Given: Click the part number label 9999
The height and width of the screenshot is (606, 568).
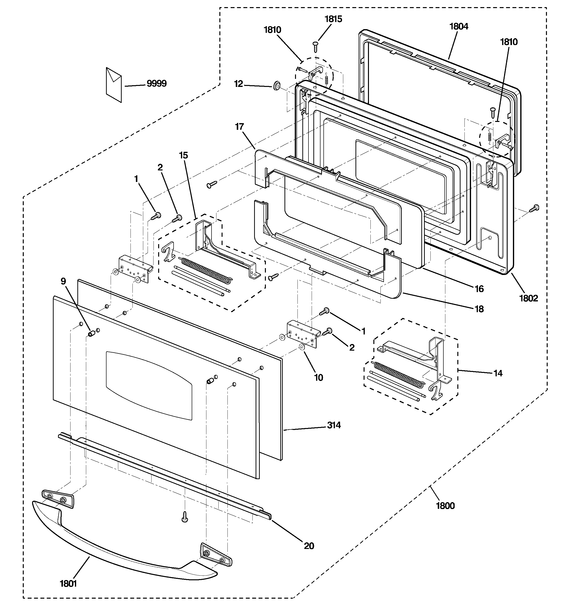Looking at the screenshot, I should point(156,83).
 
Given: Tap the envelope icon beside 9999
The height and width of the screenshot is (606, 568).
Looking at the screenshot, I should point(114,84).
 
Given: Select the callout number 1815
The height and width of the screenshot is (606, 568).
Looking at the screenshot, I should point(333,19).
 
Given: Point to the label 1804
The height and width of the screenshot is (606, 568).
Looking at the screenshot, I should point(459,26).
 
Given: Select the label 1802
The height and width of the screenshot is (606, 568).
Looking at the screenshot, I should point(529,298).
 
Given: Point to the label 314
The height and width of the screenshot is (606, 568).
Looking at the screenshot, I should point(334,425).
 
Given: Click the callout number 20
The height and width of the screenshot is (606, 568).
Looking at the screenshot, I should point(309,546).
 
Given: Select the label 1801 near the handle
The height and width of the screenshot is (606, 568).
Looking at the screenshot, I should point(68,583).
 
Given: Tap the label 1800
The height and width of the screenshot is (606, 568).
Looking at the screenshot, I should point(445,506).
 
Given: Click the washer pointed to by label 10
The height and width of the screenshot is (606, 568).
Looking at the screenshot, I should point(302,347).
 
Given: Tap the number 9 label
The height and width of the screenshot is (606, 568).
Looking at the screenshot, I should point(63,281).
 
